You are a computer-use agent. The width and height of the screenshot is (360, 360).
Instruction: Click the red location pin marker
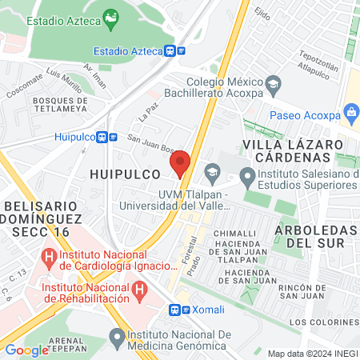[180, 162]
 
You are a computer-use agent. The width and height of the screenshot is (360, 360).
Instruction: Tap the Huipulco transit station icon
[102, 137]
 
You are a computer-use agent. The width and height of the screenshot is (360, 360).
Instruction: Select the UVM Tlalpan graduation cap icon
[212, 170]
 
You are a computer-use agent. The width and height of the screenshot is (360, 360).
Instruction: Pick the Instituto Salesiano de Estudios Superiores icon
[249, 174]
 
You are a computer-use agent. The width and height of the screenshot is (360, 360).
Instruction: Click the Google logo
[26, 350]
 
